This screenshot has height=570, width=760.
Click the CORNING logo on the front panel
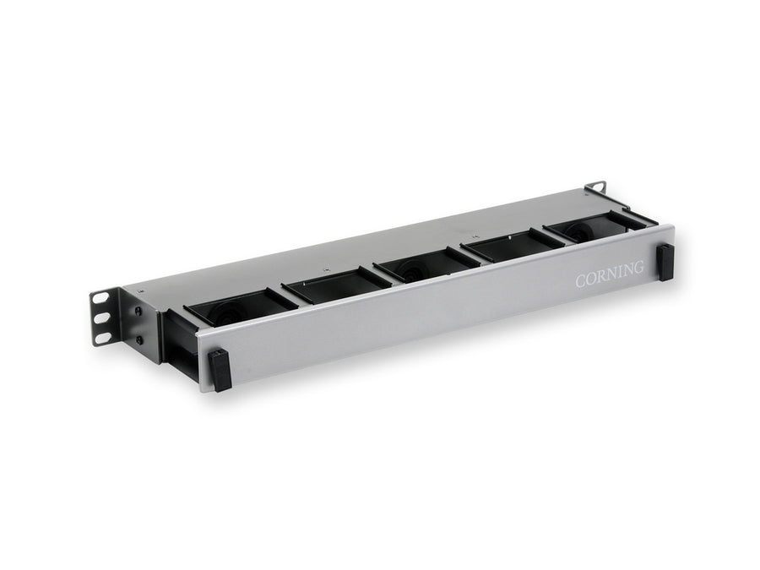pos(610,276)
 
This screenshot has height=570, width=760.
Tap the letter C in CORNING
pos(581,282)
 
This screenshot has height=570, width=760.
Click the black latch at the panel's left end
pos(220,369)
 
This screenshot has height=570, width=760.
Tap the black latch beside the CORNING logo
pos(665,261)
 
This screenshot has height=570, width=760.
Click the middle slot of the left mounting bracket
pos(101,318)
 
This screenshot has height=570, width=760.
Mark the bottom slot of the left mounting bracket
pos(102,338)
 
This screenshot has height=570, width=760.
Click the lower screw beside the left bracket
pos(138,339)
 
